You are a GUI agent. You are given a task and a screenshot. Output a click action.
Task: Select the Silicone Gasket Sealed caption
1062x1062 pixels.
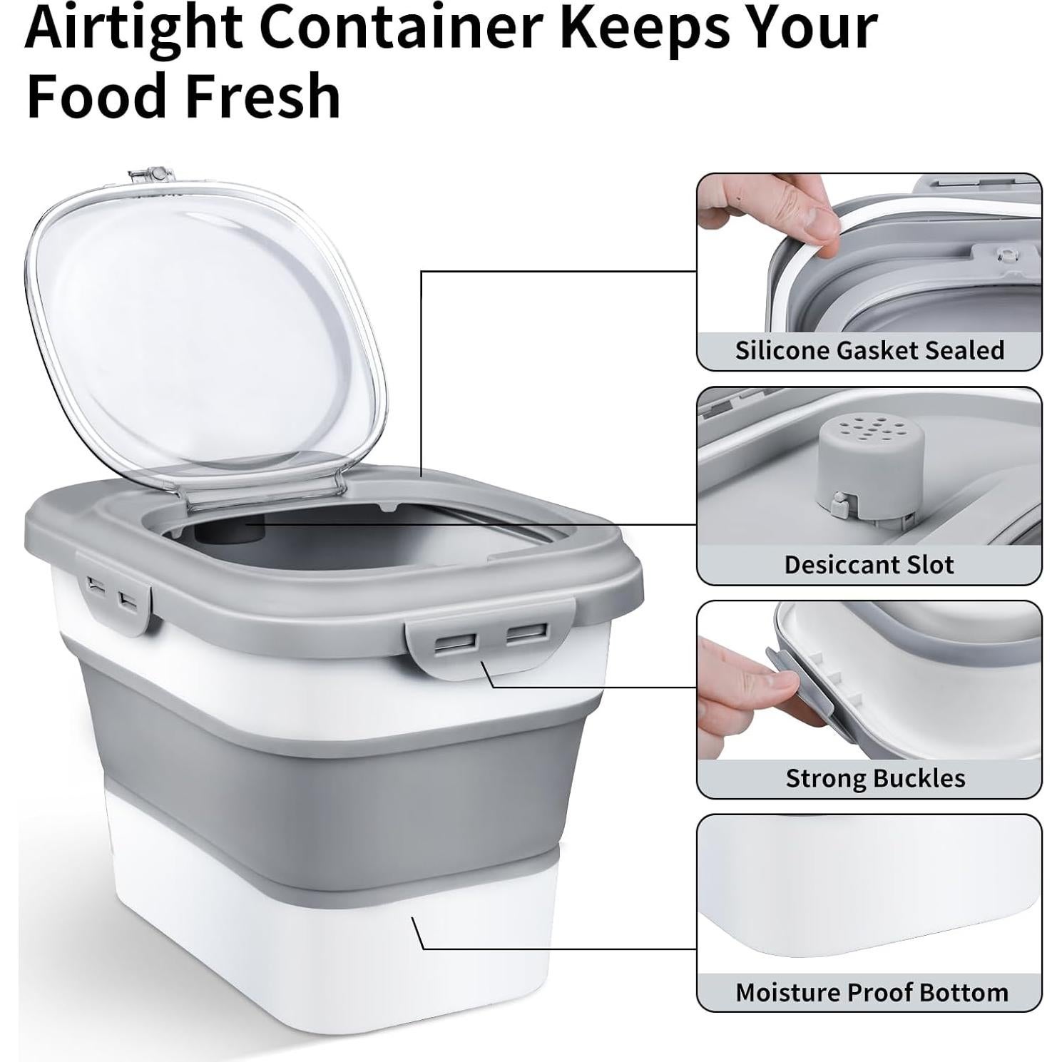[x=869, y=350]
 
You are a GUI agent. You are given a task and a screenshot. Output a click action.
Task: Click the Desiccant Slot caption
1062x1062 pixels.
[x=869, y=564]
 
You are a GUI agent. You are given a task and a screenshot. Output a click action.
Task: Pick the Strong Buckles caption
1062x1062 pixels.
[x=875, y=777]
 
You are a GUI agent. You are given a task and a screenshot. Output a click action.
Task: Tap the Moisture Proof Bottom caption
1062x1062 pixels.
[x=872, y=992]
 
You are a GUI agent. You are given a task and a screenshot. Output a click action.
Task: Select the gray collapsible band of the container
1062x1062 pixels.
[x=335, y=763]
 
